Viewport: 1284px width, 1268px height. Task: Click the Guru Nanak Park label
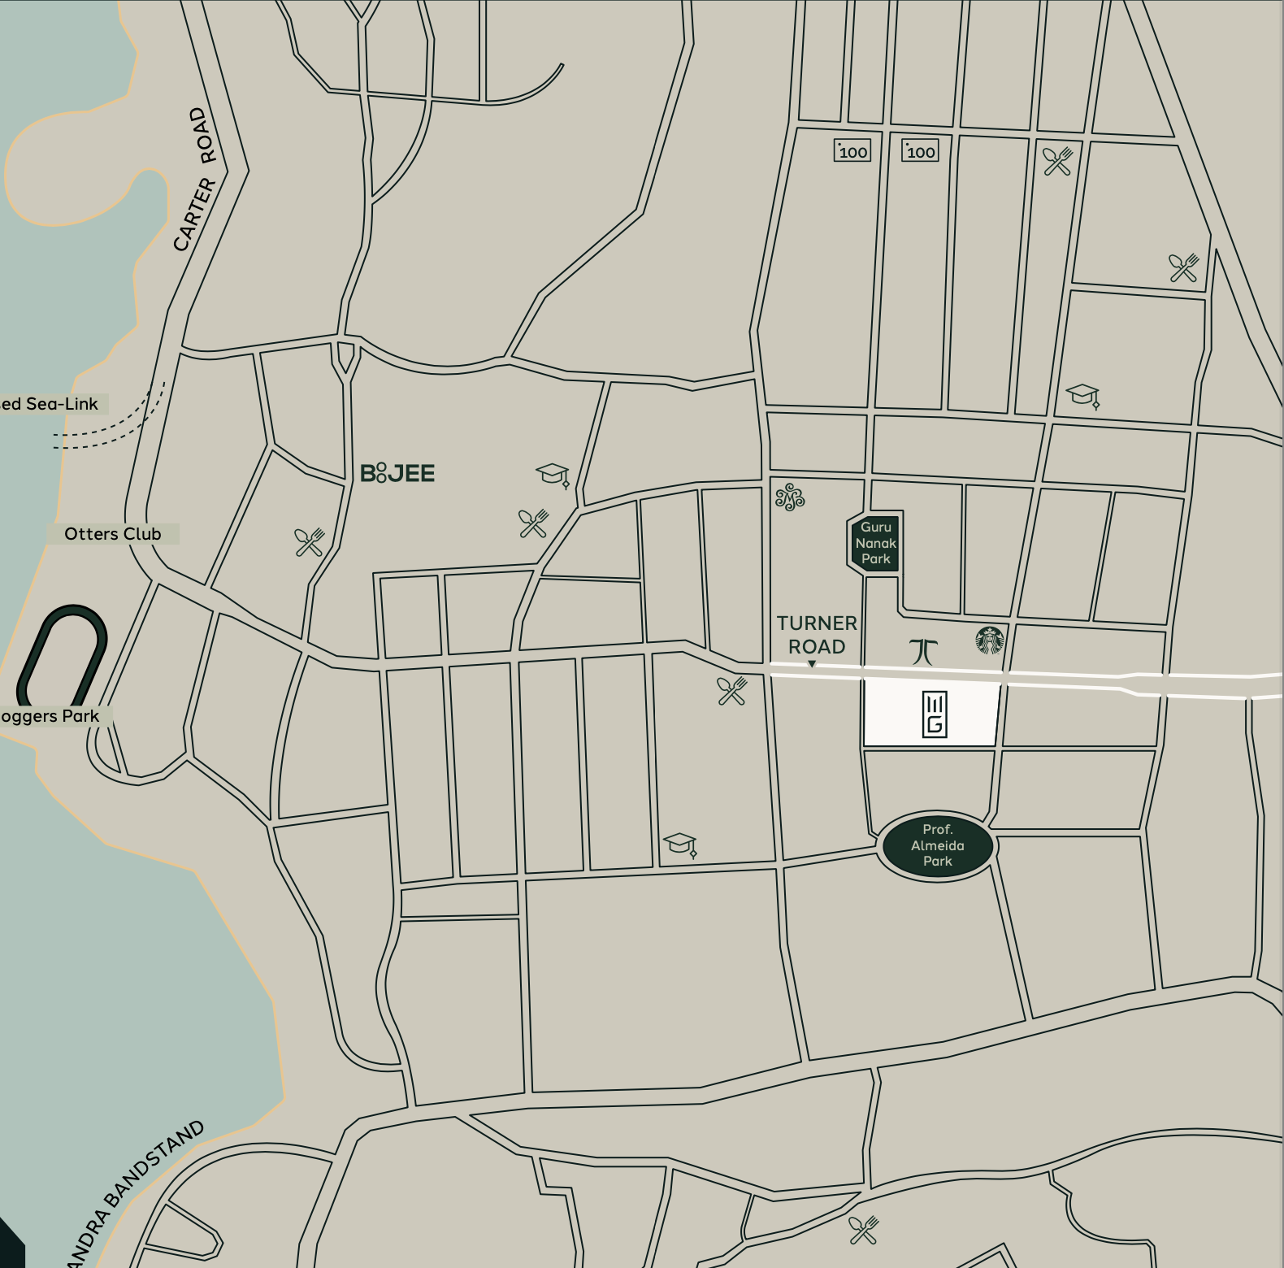pos(875,543)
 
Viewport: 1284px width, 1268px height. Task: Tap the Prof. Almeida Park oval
pos(937,846)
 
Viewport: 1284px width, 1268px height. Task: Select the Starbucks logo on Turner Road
pos(989,641)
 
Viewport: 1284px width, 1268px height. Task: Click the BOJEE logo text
pos(397,473)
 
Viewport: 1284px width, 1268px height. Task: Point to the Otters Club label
pos(113,534)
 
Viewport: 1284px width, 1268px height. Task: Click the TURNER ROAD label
pos(817,635)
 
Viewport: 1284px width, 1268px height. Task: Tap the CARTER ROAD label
pos(195,179)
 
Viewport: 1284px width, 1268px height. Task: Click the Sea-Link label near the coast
pos(49,404)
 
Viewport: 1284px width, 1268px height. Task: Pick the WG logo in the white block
pos(935,714)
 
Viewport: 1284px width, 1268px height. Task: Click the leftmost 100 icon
pos(852,151)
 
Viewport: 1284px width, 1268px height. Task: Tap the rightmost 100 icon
pos(920,151)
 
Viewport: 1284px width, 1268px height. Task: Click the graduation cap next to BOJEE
pos(553,474)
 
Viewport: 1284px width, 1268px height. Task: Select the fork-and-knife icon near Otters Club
pos(310,541)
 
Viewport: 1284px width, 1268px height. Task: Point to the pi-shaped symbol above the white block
pos(924,650)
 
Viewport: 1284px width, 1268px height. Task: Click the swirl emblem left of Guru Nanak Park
pos(789,497)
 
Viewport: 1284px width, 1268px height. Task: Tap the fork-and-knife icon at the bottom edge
pos(863,1230)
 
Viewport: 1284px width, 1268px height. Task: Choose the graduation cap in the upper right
pos(1082,396)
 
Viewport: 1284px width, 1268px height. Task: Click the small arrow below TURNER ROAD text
pos(811,664)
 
